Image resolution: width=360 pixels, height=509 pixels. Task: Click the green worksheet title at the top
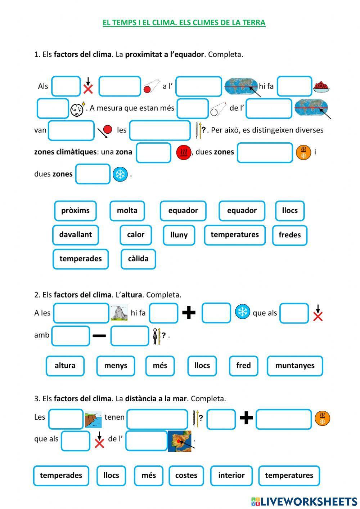[184, 23]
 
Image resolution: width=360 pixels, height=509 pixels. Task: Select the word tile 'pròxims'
[75, 211]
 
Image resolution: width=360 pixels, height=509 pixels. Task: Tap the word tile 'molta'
[127, 211]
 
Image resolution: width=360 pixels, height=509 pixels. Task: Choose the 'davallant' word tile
[75, 235]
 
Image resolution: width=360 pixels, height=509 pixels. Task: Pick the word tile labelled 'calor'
[136, 235]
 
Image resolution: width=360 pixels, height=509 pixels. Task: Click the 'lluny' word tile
[179, 235]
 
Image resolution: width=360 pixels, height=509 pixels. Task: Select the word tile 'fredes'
[289, 235]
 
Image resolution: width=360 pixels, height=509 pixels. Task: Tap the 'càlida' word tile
[138, 259]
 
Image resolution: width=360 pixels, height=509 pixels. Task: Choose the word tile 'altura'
[65, 366]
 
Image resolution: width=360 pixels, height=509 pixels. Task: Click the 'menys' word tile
[116, 366]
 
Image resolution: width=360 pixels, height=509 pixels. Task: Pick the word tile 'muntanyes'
[295, 366]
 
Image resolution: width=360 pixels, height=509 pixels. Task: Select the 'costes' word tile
[186, 475]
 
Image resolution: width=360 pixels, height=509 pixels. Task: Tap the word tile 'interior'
[231, 475]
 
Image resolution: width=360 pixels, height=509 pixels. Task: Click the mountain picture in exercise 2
[119, 312]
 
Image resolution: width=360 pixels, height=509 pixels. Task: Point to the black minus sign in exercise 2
[99, 336]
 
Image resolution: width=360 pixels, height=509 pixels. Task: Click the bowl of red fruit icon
[321, 87]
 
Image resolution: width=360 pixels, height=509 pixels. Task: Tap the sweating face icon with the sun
[78, 109]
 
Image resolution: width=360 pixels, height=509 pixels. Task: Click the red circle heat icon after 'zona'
[184, 152]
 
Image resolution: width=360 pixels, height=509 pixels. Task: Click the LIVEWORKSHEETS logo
[304, 501]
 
